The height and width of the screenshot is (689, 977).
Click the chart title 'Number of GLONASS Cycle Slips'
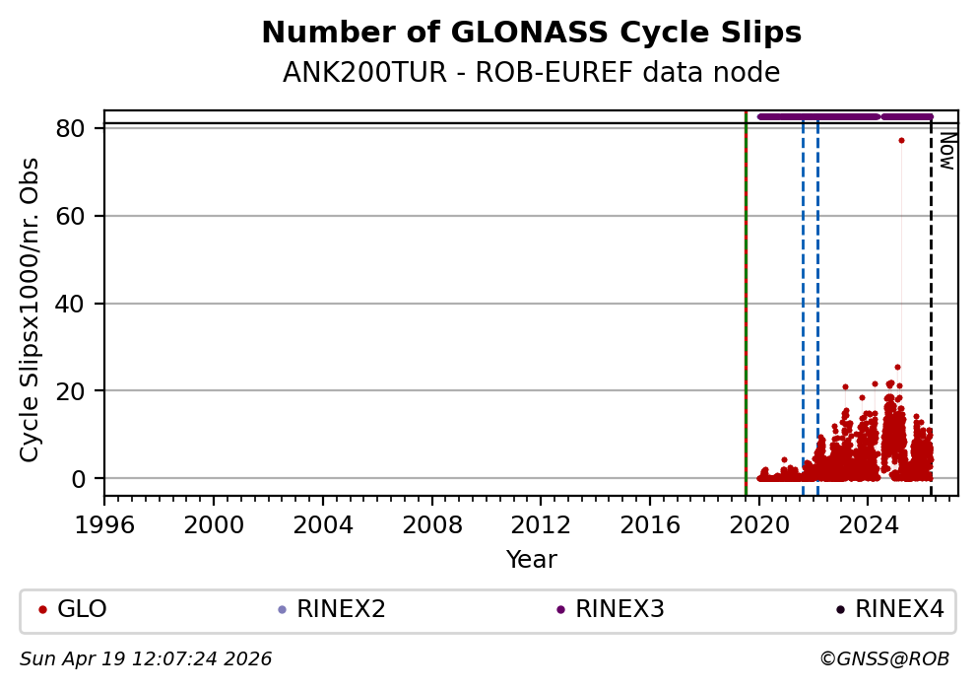coord(531,34)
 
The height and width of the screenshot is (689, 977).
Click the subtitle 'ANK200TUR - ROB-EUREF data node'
coord(531,73)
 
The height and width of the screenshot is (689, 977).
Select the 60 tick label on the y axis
coord(83,216)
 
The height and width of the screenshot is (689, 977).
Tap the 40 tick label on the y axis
coord(83,304)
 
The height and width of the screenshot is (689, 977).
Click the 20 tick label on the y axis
coord(83,391)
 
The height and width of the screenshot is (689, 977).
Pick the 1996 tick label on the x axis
coord(105,521)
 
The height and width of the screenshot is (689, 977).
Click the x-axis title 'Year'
coord(531,560)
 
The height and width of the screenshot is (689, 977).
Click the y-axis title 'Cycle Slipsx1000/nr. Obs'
coord(31,310)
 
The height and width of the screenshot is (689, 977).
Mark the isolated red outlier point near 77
coord(901,140)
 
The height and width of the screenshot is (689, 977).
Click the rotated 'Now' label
coord(946,151)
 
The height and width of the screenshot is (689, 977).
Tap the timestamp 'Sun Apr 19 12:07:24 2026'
coord(146,658)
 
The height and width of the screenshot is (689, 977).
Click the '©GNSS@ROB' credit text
coord(883,658)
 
